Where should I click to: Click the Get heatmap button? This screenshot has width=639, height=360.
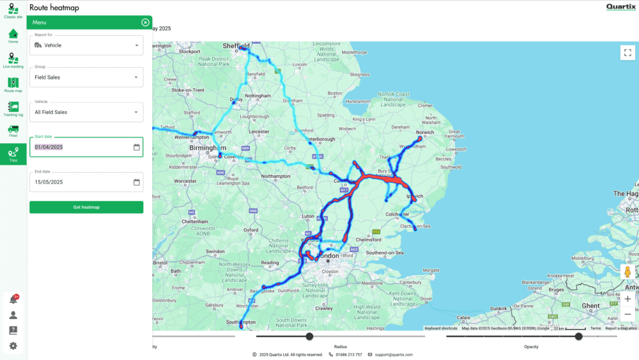(86, 207)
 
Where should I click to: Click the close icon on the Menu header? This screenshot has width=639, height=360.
(146, 22)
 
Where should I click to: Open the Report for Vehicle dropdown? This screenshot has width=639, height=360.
(86, 45)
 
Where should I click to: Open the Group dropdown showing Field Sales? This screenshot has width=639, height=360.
(86, 77)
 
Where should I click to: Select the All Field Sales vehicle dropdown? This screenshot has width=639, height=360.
(86, 112)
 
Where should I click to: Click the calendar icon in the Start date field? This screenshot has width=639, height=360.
(137, 147)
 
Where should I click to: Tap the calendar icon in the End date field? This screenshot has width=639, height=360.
(137, 182)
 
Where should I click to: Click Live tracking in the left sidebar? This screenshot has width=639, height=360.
(13, 60)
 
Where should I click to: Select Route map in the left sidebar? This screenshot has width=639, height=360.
(13, 84)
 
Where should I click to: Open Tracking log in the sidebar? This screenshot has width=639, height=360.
(13, 109)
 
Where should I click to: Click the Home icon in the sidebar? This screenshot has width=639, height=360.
(13, 35)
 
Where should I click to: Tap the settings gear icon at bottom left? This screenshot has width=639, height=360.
(13, 346)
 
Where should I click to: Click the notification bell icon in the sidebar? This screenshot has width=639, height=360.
(13, 299)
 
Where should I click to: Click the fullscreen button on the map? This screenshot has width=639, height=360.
(627, 52)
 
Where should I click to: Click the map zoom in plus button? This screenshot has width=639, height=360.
(627, 299)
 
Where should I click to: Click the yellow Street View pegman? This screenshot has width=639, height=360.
(627, 272)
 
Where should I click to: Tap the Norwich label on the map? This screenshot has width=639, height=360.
(425, 132)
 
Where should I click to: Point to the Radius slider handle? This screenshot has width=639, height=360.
(309, 336)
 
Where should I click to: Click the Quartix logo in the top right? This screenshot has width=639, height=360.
(621, 7)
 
